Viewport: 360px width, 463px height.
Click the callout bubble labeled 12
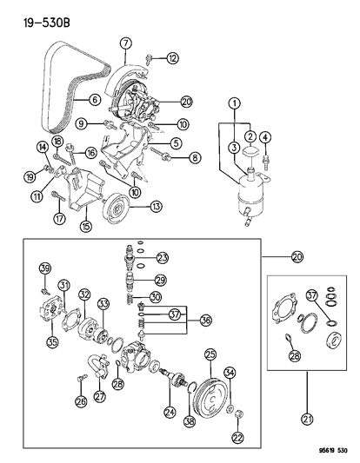tap(173, 58)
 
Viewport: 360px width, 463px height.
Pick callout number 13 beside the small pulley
tap(156, 206)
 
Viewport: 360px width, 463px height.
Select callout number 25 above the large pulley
tap(209, 354)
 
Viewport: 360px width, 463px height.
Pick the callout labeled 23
tap(162, 256)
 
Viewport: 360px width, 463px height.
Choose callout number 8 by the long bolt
tap(196, 158)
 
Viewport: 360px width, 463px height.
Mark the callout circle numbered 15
tap(84, 227)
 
